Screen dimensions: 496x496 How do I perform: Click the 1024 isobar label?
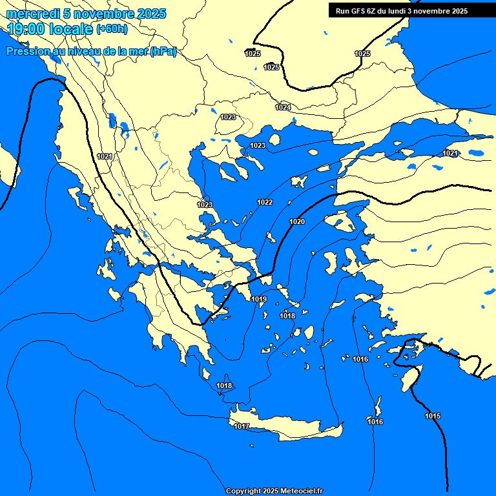pyautogui.click(x=283, y=107)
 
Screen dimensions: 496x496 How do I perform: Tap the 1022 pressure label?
pyautogui.click(x=265, y=202)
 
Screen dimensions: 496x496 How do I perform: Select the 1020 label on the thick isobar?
pyautogui.click(x=297, y=222)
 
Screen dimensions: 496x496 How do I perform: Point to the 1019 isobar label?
pyautogui.click(x=259, y=299)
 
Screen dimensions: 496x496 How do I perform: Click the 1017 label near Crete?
pyautogui.click(x=242, y=426)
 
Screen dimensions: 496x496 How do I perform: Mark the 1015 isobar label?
pyautogui.click(x=433, y=416)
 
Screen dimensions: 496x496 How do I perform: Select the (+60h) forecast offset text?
pyautogui.click(x=112, y=29)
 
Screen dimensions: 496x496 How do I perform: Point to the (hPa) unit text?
pyautogui.click(x=163, y=52)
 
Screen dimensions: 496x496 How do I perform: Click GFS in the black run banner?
pyautogui.click(x=358, y=11)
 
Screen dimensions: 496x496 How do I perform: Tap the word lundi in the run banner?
pyautogui.click(x=397, y=11)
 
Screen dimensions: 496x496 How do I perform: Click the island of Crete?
pyautogui.click(x=284, y=426)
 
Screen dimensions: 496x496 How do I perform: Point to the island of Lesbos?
pyautogui.click(x=339, y=223)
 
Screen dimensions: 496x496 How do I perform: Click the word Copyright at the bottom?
pyautogui.click(x=243, y=491)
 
